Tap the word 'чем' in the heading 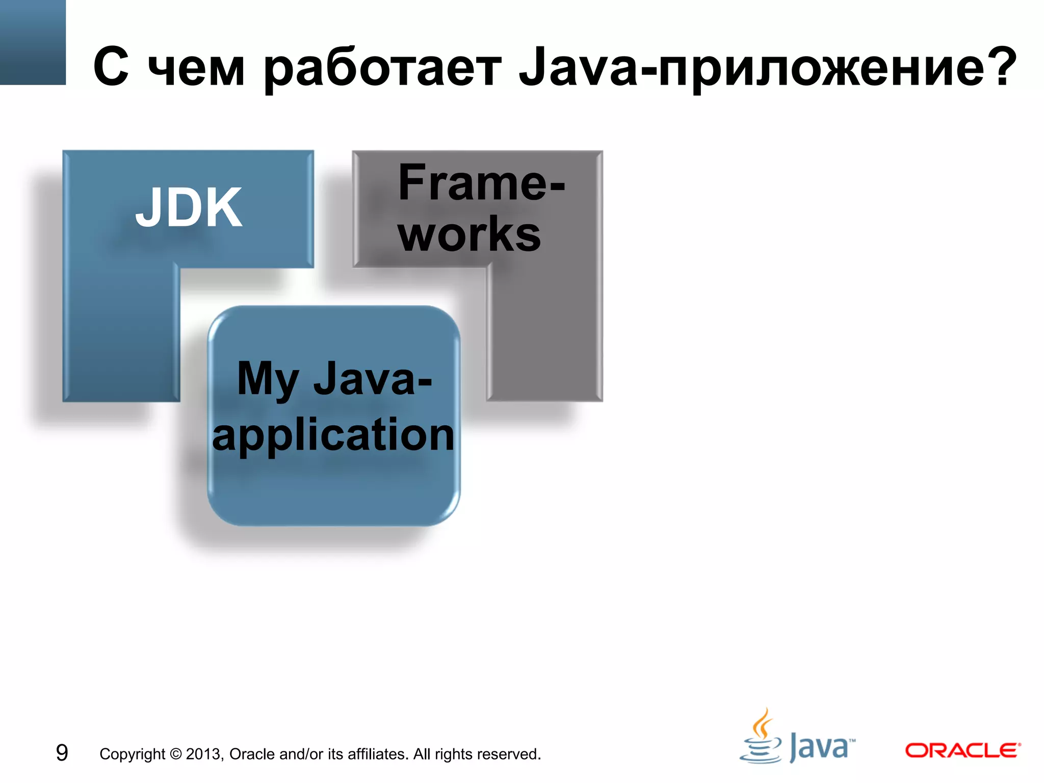(x=196, y=69)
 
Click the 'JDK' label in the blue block (x=189, y=208)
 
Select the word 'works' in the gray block (x=469, y=234)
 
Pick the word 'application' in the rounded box (x=333, y=434)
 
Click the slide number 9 (x=62, y=753)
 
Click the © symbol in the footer (x=175, y=754)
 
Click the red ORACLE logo (x=962, y=750)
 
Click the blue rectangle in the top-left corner (x=33, y=42)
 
